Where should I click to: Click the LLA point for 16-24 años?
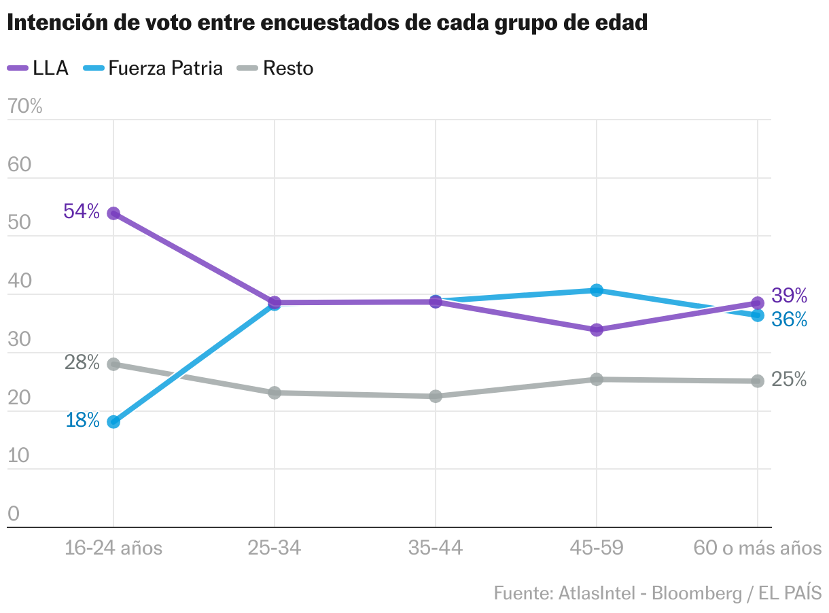[113, 213]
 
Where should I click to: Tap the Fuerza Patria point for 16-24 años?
[113, 422]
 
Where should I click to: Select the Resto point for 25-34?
[275, 393]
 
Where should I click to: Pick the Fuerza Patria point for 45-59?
[597, 290]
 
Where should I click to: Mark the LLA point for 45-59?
[597, 330]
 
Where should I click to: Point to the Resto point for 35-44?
[436, 396]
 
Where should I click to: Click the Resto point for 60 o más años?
[758, 381]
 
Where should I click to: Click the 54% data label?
[82, 211]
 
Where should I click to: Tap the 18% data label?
[83, 420]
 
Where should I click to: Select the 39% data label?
[790, 296]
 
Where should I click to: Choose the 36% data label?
[790, 319]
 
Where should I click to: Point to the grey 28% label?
[82, 363]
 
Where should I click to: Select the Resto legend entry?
[275, 68]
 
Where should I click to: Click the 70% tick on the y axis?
[24, 106]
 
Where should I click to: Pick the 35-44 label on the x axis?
[436, 548]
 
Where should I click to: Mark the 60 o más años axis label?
[757, 548]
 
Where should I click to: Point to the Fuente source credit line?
[657, 593]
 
